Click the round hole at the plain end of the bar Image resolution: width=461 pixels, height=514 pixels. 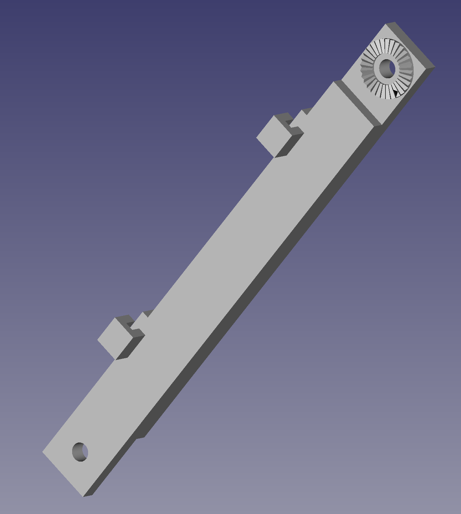[x=80, y=452]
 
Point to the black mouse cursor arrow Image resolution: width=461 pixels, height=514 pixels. [x=395, y=93]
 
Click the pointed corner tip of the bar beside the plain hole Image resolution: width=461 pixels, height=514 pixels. [x=43, y=452]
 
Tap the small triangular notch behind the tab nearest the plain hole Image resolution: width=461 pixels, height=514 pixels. [x=147, y=313]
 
